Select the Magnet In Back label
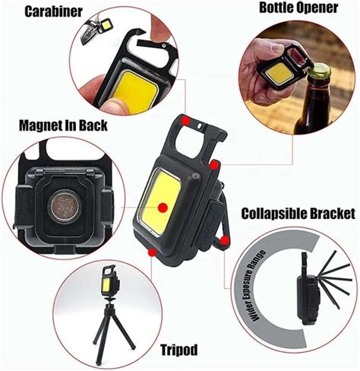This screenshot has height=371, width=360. (x=62, y=125)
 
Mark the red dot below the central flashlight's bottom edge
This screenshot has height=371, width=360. (x=154, y=251)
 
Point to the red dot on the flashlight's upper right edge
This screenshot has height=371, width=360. (x=216, y=163)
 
